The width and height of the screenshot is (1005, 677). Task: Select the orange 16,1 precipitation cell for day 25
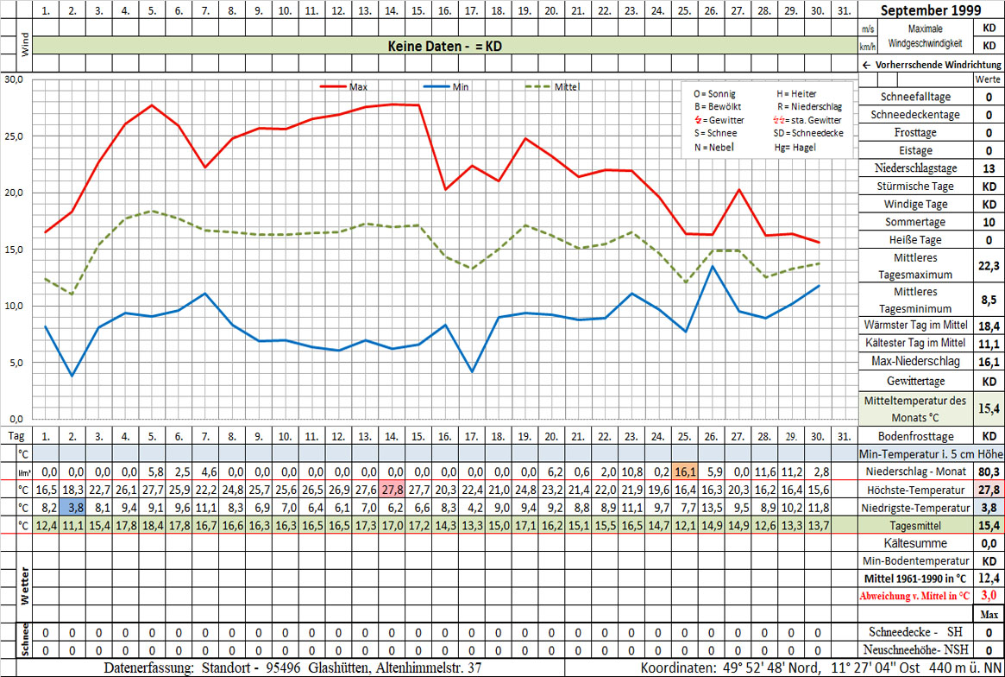pyautogui.click(x=685, y=471)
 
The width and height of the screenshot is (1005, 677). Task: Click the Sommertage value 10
pyautogui.click(x=988, y=223)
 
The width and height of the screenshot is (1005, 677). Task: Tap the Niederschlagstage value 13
pyautogui.click(x=988, y=168)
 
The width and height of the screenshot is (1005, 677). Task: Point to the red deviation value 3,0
pyautogui.click(x=988, y=596)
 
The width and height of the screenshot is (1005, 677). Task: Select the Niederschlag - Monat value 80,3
pyautogui.click(x=988, y=471)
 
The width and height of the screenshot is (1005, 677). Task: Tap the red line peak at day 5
pyautogui.click(x=152, y=105)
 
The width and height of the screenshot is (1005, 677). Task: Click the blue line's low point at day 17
pyautogui.click(x=472, y=371)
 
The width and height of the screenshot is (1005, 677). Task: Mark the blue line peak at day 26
pyautogui.click(x=712, y=266)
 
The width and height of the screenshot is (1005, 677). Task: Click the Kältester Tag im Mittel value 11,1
pyautogui.click(x=988, y=343)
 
